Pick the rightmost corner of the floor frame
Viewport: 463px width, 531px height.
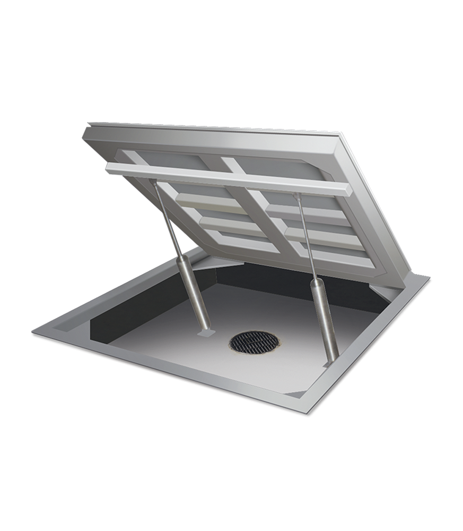click(428, 277)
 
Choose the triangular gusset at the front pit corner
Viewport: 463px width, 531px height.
click(297, 393)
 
